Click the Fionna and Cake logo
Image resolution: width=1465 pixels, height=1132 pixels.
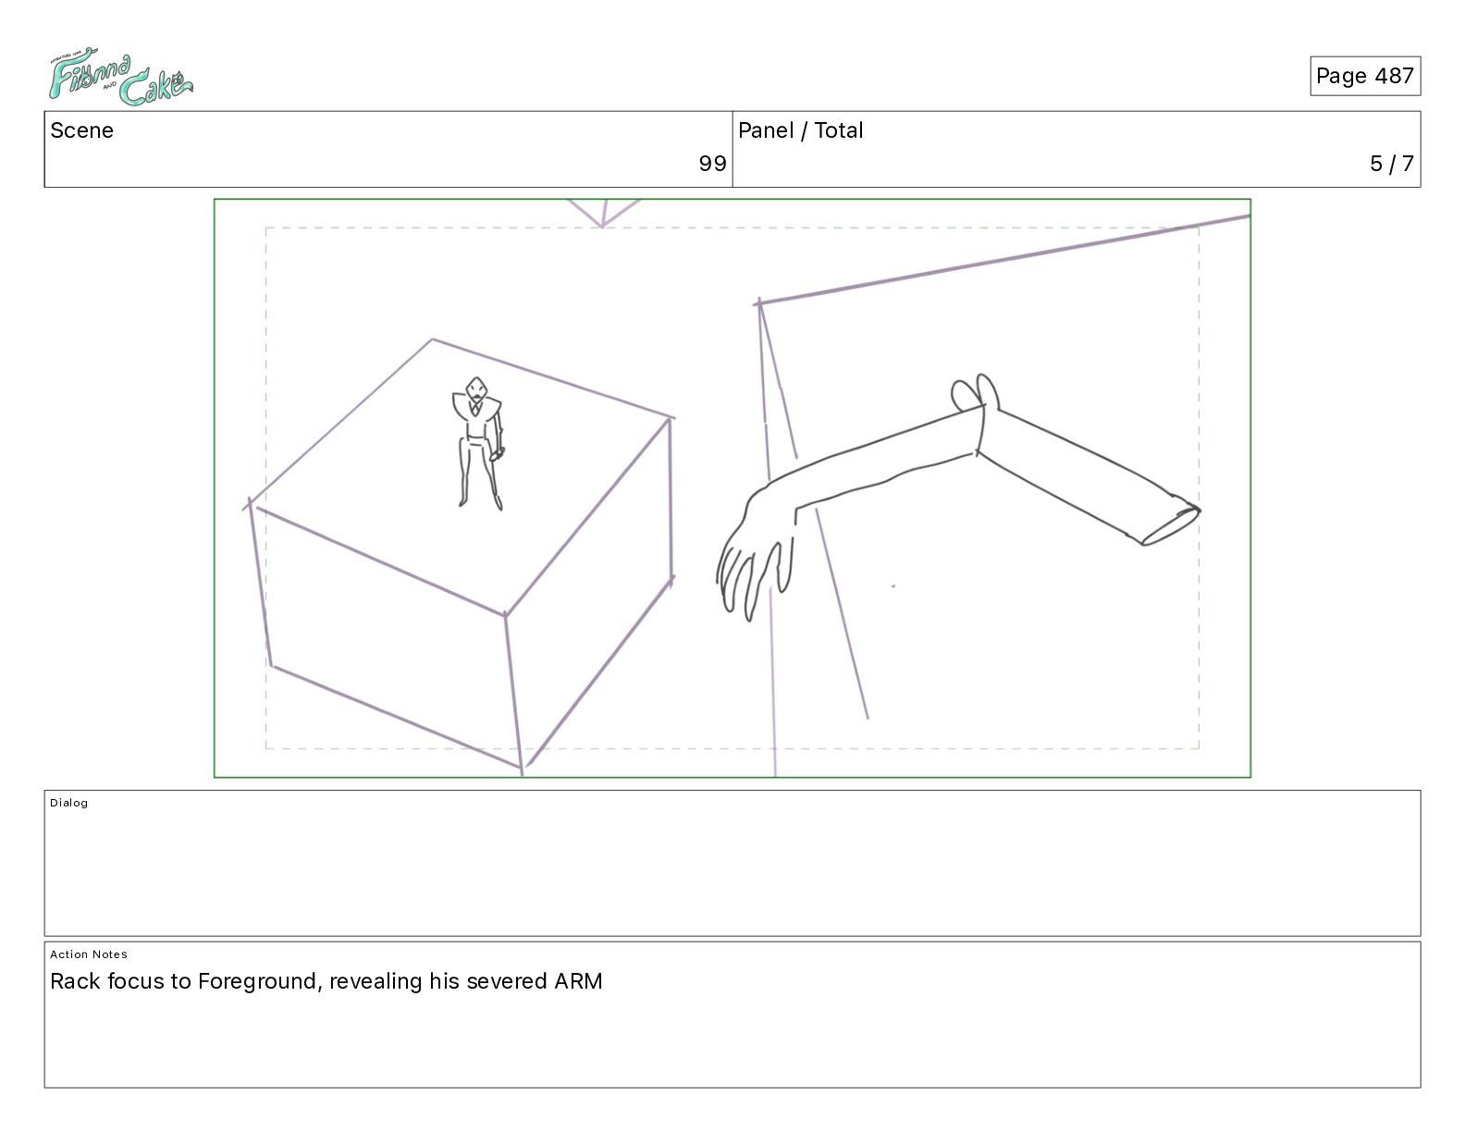[x=120, y=76]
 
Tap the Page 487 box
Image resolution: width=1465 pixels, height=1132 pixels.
[x=1364, y=76]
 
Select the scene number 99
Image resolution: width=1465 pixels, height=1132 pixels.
[x=712, y=163]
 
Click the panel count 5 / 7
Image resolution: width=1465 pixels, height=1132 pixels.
[x=1392, y=163]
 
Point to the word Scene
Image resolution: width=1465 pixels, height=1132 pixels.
[x=81, y=130]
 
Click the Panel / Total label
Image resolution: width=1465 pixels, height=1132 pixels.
[x=800, y=130]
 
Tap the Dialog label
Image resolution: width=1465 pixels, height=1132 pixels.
[x=68, y=803]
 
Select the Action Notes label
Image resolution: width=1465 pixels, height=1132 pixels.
[x=88, y=954]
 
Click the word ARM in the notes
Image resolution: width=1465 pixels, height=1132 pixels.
[x=578, y=981]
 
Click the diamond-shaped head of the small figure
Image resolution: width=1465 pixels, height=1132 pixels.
[x=476, y=389]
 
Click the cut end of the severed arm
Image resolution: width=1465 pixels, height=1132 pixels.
[x=1171, y=526]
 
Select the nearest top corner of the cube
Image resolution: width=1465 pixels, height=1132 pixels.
[x=505, y=614]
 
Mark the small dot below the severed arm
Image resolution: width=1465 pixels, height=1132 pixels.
[x=893, y=586]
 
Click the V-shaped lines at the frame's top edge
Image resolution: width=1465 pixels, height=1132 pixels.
[x=602, y=213]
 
